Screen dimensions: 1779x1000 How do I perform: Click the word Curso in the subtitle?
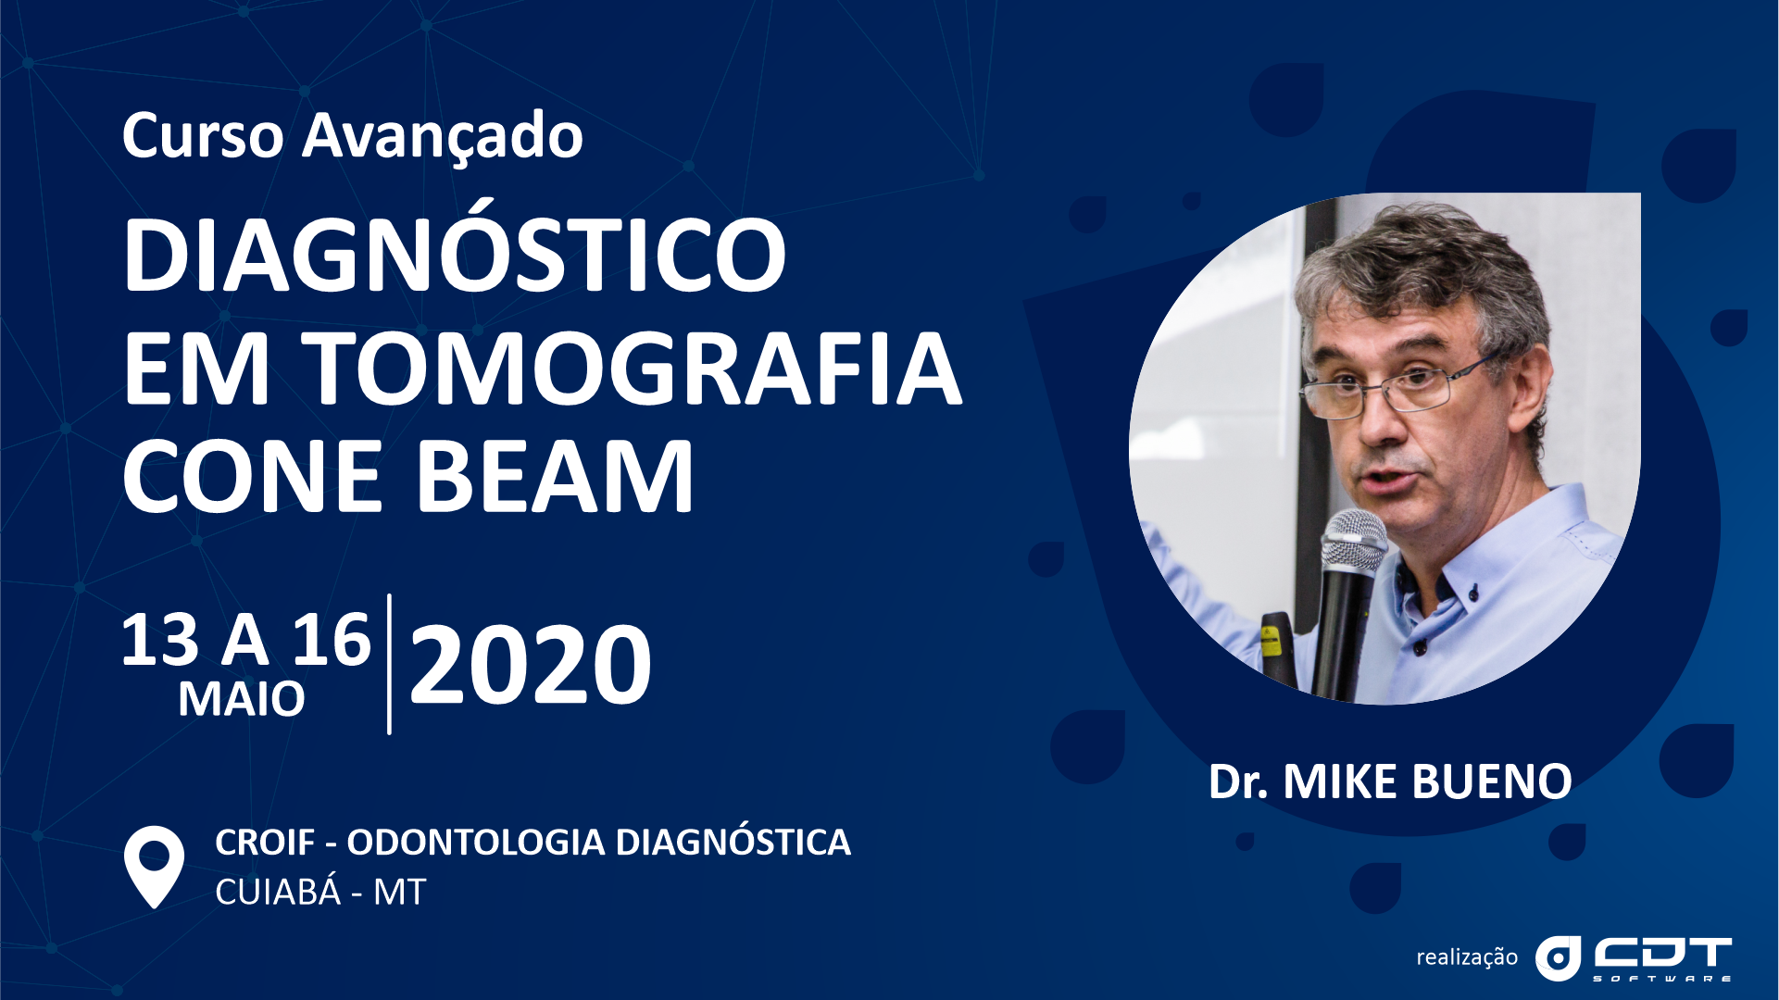203,136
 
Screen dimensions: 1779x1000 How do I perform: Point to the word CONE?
252,477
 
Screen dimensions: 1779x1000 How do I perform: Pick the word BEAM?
555,477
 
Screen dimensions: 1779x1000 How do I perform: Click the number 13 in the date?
160,640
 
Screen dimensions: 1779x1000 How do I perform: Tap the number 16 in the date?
332,640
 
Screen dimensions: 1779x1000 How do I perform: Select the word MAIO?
242,699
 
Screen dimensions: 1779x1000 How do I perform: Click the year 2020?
531,664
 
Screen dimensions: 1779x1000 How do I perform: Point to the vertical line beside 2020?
389,664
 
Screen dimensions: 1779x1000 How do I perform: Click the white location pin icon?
154,866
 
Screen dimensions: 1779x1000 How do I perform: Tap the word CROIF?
265,843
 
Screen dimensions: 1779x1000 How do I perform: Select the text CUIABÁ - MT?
320,892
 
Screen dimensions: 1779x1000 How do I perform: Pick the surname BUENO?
1492,782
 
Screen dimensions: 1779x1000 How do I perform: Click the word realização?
1467,957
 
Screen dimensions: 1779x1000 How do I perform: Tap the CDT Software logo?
1634,958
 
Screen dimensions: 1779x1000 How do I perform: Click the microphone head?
1354,540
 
